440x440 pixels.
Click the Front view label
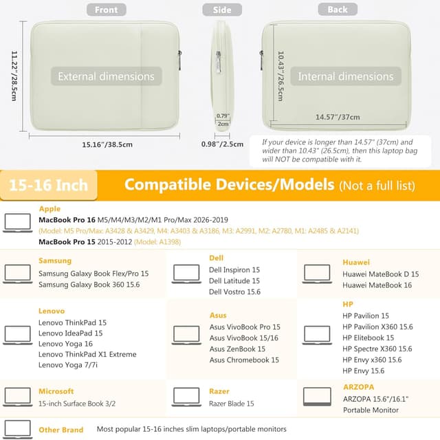tap(106, 10)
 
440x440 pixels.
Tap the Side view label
tap(222, 10)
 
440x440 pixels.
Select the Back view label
tap(338, 10)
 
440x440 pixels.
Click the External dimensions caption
tap(106, 76)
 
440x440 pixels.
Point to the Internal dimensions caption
tap(345, 76)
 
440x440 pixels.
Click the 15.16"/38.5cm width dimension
tap(107, 144)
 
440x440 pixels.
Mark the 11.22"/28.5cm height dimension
tap(13, 76)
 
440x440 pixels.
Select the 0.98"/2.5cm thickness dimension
tap(223, 144)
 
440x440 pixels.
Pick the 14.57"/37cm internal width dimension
tap(338, 117)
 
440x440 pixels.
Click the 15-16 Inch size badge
tap(48, 185)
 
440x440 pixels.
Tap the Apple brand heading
tap(49, 209)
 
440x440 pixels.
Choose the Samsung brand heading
tap(55, 261)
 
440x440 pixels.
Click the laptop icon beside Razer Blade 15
tap(187, 397)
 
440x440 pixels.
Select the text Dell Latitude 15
tap(234, 280)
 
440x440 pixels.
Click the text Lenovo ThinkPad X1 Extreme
tap(87, 354)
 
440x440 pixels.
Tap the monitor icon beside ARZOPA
tap(317, 397)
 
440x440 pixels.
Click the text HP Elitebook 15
tap(368, 338)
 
